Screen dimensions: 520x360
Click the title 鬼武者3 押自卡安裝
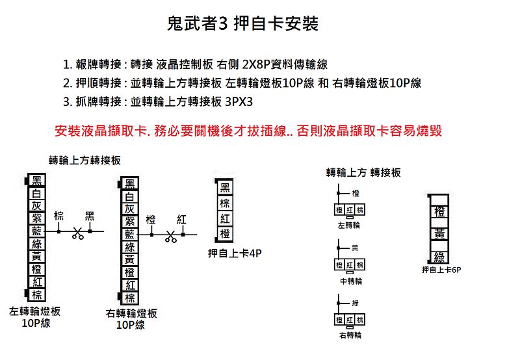click(242, 23)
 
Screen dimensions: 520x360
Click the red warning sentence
click(248, 131)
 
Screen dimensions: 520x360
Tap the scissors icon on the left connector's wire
click(78, 234)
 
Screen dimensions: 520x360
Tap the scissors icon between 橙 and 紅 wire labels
click(171, 237)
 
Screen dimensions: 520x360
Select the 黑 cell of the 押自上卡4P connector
click(225, 188)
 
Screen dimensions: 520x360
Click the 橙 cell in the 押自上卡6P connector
click(439, 211)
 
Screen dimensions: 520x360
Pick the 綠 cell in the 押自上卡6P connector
click(439, 257)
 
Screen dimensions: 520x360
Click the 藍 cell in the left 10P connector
click(36, 231)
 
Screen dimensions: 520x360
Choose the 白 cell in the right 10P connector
click(129, 197)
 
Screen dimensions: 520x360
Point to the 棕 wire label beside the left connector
click(58, 216)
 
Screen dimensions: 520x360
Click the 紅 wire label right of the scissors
click(181, 219)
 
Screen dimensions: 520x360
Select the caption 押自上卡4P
click(235, 253)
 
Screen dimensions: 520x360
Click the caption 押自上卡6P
click(441, 270)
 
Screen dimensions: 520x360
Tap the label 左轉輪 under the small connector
click(348, 225)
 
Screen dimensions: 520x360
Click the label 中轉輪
click(351, 281)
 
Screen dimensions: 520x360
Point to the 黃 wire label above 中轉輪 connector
click(355, 248)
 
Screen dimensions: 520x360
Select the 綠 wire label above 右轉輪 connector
click(355, 303)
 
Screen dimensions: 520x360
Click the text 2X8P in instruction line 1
click(256, 64)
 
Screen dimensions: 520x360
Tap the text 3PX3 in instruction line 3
click(239, 102)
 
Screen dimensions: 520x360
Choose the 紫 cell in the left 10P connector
click(36, 218)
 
